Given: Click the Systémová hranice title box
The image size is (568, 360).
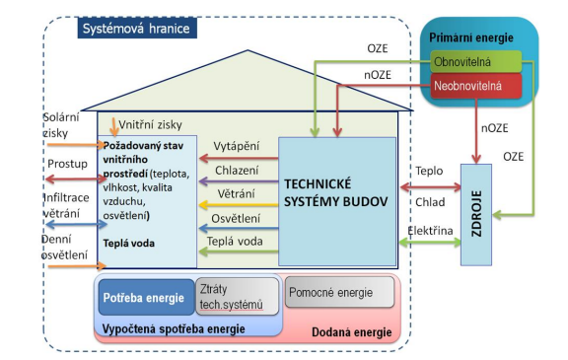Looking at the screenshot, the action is (137, 29).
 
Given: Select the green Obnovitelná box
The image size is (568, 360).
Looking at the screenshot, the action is (476, 61).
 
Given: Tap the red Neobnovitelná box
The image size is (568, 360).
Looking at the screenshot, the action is (476, 86).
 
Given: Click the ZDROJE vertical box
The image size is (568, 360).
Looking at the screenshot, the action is (476, 215).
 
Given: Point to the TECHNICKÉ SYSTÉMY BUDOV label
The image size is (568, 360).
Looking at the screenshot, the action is (335, 192).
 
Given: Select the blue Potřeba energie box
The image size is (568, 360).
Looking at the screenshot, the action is (146, 297).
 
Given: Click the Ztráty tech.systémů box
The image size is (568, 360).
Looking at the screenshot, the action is (238, 297).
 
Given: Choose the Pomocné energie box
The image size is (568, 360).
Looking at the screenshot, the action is (339, 292).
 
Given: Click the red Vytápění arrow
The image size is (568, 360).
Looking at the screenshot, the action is (239, 158).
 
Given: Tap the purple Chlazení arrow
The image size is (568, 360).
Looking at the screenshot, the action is (239, 181).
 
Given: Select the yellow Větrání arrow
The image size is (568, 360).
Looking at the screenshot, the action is (239, 204).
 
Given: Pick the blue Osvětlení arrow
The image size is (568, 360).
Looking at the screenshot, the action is (239, 228).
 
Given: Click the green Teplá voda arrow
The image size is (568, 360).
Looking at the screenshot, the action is (239, 251).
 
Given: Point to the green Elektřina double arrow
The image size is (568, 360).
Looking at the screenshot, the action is (430, 243).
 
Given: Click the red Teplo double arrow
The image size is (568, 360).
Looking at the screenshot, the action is (430, 187).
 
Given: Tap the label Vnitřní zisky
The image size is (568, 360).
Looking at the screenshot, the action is (150, 125).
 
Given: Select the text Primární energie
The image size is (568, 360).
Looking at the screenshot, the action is (471, 37).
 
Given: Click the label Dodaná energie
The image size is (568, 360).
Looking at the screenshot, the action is (352, 332).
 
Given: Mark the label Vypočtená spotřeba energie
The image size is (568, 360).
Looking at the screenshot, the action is (174, 328).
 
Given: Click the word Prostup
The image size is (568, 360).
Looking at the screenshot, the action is (67, 164).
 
